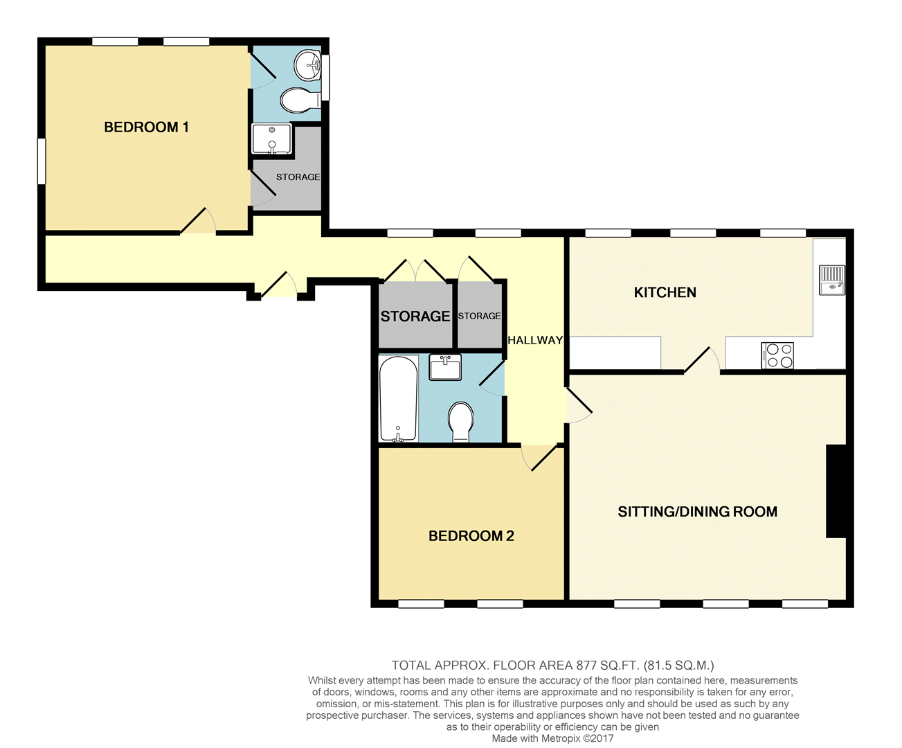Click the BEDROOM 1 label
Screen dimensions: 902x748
tap(147, 127)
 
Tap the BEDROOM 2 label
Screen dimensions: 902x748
tap(471, 536)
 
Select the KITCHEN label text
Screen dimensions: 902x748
tap(665, 292)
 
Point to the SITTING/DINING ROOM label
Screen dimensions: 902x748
tap(697, 512)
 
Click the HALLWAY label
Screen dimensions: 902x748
tap(535, 341)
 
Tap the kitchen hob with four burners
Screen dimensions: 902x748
tap(777, 355)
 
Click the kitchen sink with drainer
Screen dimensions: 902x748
tap(832, 280)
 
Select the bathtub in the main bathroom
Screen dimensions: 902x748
tap(398, 399)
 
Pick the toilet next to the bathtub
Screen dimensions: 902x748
tap(460, 422)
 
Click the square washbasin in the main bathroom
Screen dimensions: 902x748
tap(445, 367)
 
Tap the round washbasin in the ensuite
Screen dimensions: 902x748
tap(307, 65)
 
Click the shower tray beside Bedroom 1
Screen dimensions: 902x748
tap(272, 139)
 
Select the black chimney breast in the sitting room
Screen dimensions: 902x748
tap(836, 491)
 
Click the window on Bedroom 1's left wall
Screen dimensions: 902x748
tap(41, 161)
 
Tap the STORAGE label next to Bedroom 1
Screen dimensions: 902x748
tap(298, 177)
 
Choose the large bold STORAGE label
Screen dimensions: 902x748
tap(415, 317)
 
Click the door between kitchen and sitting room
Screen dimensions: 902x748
tap(701, 359)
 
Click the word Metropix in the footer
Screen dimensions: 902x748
tap(558, 738)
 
